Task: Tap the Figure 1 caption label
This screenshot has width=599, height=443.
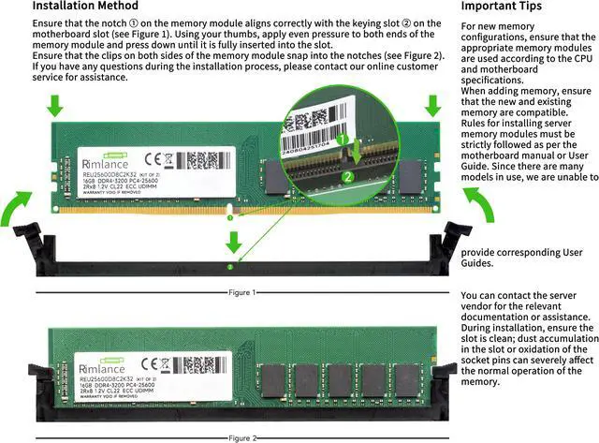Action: tap(242, 293)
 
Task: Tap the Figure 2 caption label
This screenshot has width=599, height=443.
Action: tap(242, 437)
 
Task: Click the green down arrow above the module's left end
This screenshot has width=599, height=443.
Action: tap(55, 106)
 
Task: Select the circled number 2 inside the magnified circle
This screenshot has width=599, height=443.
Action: tap(347, 175)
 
